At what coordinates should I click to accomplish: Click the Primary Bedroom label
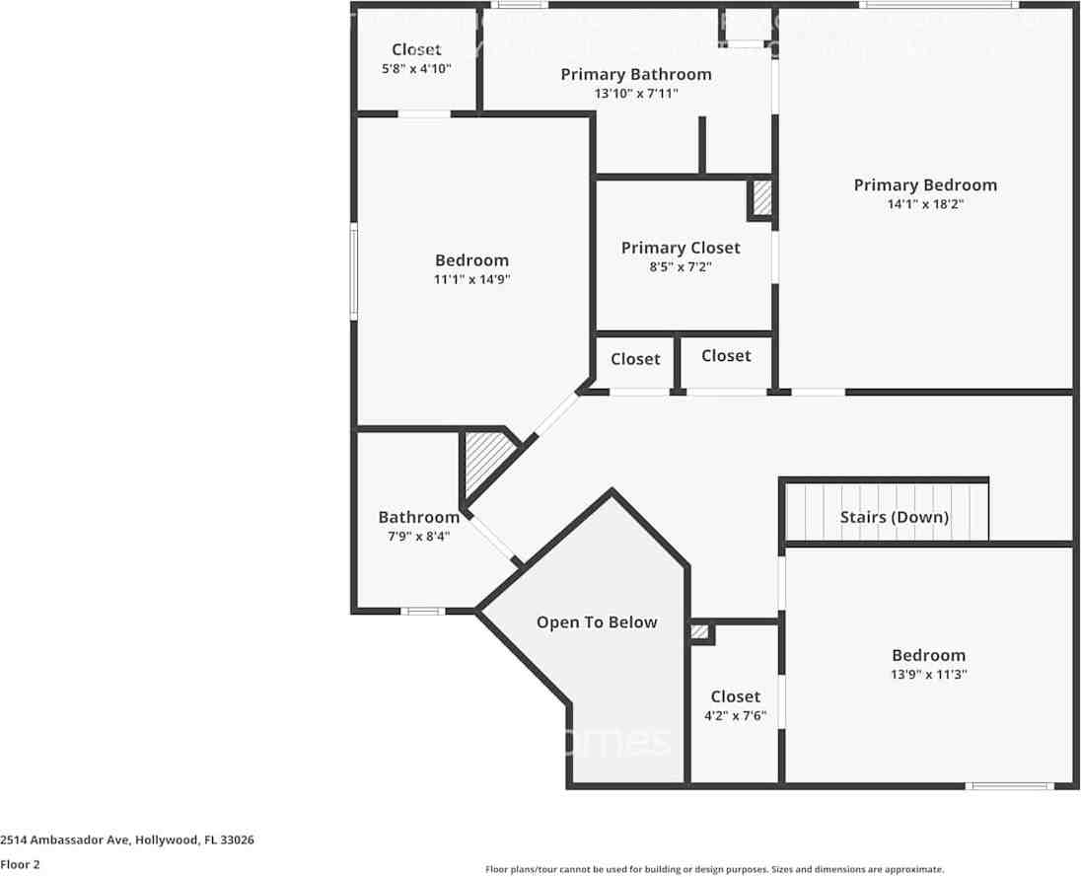924,185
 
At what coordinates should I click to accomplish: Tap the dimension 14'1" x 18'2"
924,205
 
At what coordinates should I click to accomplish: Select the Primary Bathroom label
635,75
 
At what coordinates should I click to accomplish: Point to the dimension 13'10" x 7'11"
635,94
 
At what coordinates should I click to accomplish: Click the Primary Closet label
680,249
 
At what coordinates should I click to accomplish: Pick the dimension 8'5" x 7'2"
680,267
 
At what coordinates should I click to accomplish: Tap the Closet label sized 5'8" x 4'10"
416,50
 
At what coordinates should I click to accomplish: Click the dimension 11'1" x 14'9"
471,279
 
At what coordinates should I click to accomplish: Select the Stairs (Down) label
894,517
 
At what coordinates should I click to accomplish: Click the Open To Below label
596,622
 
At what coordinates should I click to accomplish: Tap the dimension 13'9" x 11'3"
928,675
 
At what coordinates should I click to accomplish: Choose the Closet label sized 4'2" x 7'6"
735,697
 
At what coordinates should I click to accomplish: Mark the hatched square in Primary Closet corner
760,199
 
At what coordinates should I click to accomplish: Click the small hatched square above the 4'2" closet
699,631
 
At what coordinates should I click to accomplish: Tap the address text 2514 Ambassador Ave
127,840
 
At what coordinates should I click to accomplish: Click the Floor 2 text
20,863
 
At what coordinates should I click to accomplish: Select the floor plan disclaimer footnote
714,869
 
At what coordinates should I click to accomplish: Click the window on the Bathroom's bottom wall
423,612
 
